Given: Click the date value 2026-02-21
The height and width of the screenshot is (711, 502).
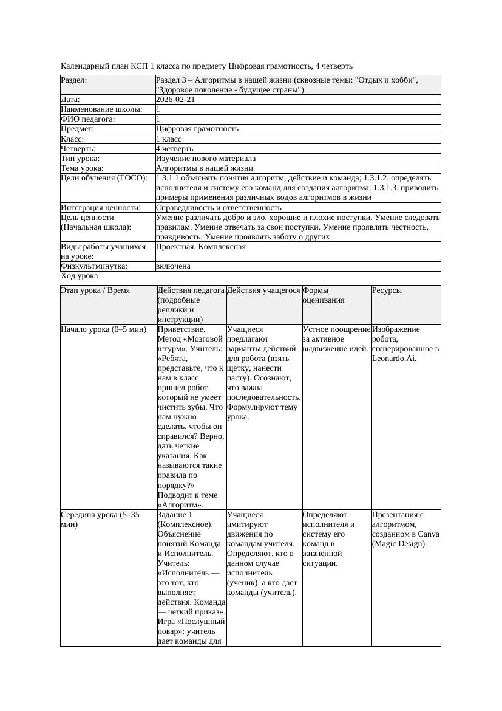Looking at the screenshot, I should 175,100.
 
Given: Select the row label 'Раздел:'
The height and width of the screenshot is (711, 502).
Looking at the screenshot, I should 74,80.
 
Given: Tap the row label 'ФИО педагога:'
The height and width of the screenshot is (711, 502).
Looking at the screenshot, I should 88,119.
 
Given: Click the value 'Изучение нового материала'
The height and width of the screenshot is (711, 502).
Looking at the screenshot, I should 205,159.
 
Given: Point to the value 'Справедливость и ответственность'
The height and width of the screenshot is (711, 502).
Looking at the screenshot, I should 219,208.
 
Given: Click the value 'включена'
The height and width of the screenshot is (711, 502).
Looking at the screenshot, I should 173,266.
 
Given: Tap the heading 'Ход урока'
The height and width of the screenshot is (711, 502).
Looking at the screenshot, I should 79,276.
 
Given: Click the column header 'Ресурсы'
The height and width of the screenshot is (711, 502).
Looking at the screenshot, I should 387,290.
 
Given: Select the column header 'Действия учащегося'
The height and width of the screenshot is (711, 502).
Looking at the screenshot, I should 263,290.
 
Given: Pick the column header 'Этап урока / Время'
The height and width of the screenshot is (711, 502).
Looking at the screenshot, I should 95,290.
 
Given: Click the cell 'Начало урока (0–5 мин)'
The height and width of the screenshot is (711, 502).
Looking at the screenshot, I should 103,329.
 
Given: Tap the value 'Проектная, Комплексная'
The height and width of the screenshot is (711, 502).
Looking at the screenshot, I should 200,247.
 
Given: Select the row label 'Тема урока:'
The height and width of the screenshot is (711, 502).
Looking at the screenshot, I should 82,168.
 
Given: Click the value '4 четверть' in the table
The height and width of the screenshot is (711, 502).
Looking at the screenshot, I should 174,149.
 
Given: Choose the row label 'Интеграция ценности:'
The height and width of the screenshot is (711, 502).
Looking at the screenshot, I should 100,208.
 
